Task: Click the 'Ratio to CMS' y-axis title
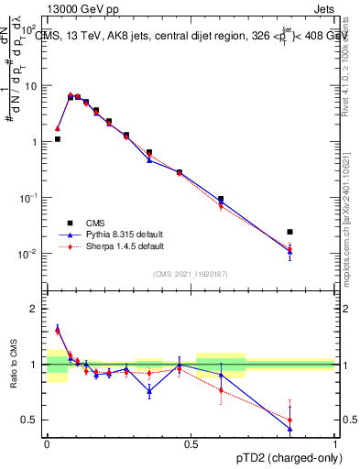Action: coord(14,365)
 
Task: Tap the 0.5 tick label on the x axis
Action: coord(191,443)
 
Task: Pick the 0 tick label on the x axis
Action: coord(47,443)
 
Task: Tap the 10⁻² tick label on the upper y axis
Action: coord(29,254)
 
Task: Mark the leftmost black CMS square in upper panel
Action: coord(58,139)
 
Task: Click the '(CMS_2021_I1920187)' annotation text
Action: coord(191,273)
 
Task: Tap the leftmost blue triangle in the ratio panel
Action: coord(58,330)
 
